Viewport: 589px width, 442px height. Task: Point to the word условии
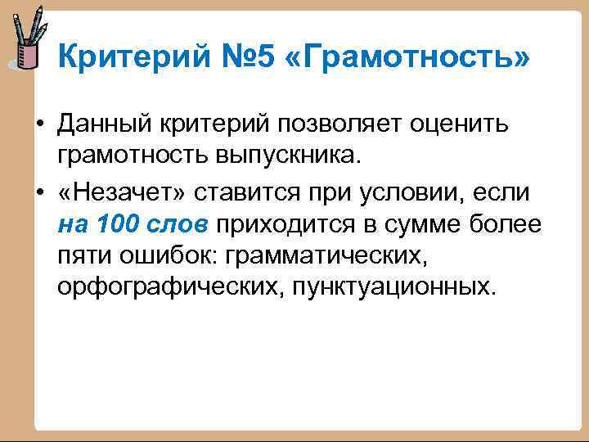click(x=409, y=192)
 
